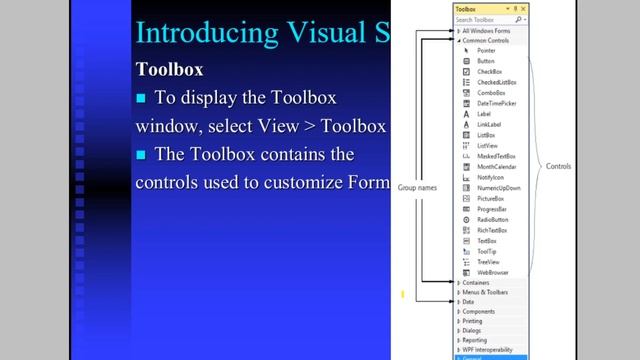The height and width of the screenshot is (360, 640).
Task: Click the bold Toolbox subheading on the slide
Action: coord(169,70)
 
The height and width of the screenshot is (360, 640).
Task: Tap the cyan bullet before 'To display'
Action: coord(141,98)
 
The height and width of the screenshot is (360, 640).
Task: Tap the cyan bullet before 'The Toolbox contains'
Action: coord(141,154)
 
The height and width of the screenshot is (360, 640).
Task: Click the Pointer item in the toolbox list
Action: coord(486,50)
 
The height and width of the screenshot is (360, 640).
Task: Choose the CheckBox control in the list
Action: coord(489,72)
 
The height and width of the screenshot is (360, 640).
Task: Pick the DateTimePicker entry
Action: coord(496,104)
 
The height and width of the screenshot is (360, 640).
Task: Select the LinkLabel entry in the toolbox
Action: coord(489,124)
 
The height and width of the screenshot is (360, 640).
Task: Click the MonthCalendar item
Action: coord(496,167)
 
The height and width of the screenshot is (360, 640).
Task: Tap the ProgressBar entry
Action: coord(491,209)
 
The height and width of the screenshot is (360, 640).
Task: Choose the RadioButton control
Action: coord(492,219)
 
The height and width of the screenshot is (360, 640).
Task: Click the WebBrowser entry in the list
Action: coord(492,272)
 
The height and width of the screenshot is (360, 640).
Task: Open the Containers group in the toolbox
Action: coord(476,283)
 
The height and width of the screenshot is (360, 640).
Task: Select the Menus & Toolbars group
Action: coord(485,292)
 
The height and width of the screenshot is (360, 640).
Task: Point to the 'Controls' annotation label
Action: coord(558,166)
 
